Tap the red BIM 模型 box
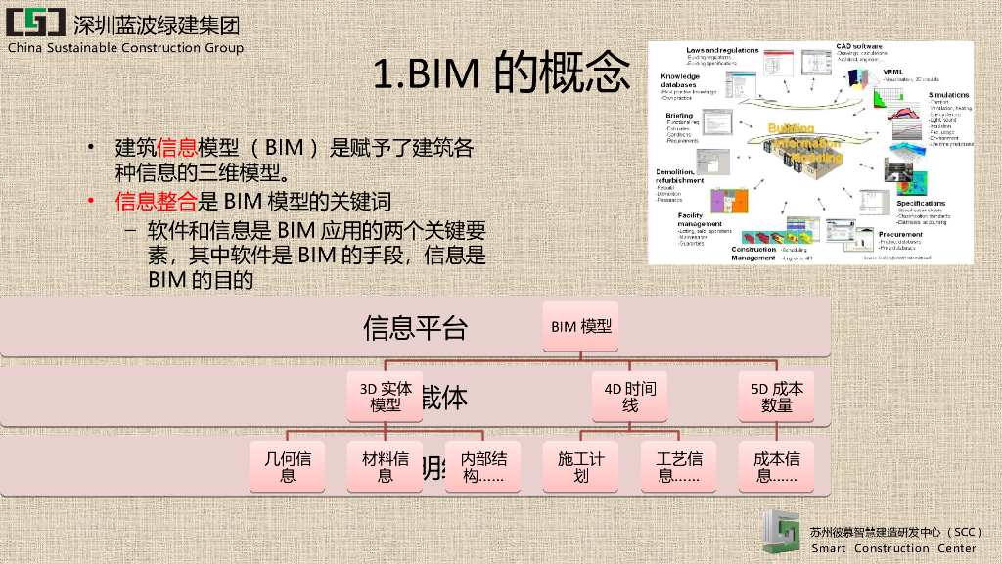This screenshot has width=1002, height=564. point(581,326)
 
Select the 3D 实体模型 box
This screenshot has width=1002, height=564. point(386,396)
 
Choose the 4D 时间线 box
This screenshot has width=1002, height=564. point(630,396)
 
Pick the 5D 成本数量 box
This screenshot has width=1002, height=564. point(777,396)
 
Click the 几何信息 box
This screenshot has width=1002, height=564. point(288,466)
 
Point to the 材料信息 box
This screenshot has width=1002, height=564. point(386,466)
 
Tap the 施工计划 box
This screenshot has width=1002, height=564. point(581,466)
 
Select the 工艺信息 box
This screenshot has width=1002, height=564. point(679,466)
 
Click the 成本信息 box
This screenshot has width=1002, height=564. point(777,466)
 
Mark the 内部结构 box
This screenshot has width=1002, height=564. point(483,466)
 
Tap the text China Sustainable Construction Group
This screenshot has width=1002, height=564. point(126,47)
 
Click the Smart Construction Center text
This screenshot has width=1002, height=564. point(894,548)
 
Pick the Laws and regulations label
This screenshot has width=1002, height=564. point(722,50)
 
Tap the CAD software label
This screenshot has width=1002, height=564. point(859,45)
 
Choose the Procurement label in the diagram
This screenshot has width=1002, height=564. point(900,235)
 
